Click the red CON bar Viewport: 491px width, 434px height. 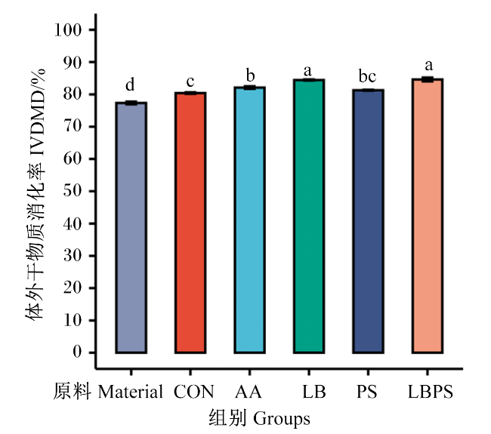pos(190,223)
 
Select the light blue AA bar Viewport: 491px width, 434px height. pos(249,220)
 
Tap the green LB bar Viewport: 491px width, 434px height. pos(309,216)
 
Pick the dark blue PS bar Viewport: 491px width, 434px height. pos(368,221)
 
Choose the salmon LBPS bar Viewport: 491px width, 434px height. pos(427,216)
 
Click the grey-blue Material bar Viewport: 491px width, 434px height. pos(131,228)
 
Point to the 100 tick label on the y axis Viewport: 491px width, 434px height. pos(68,30)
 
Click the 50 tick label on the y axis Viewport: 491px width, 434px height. pos(73,191)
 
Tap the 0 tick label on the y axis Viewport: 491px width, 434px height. pos(77,352)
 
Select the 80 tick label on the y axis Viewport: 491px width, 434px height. pos(73,94)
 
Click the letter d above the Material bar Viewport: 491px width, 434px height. pos(130,85)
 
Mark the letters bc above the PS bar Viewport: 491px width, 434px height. pos(367,77)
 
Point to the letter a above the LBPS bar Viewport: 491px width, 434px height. pos(429,66)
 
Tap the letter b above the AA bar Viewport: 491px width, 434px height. pos(250,75)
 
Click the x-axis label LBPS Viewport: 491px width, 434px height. pos(431,392)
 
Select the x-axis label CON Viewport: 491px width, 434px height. pos(194,392)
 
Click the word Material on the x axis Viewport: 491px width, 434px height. pos(130,392)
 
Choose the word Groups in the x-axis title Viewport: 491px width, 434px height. pos(282,419)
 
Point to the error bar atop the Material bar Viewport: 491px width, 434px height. pos(131,103)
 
